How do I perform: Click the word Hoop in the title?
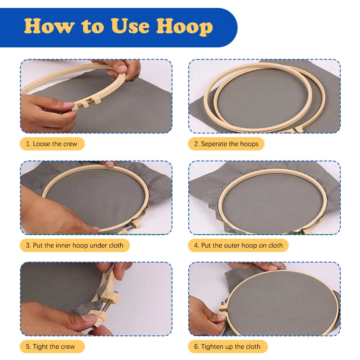[x=185, y=27]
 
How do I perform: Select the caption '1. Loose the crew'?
[x=52, y=144]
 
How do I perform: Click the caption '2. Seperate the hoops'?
[x=226, y=144]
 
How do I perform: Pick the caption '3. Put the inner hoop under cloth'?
[x=75, y=246]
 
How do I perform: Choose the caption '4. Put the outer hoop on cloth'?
[x=238, y=246]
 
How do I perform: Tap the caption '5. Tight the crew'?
[x=50, y=346]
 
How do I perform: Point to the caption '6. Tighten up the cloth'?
[x=227, y=346]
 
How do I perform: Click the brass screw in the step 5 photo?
[x=108, y=304]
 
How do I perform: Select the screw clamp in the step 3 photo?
[x=132, y=226]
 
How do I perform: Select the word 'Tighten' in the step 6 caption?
[x=213, y=347]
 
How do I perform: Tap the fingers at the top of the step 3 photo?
[x=108, y=164]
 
